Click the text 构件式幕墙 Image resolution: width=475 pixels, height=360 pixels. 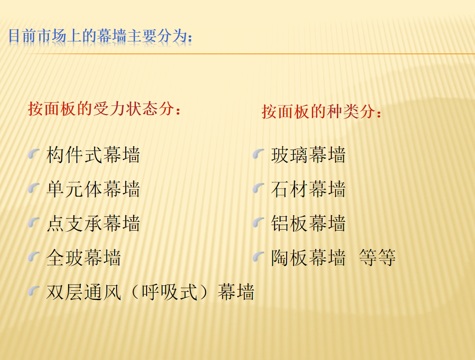(x=93, y=155)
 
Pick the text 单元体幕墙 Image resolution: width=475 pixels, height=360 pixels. (x=93, y=189)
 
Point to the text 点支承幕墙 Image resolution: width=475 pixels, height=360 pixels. (x=93, y=223)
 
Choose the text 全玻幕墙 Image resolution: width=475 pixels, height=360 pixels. (x=83, y=258)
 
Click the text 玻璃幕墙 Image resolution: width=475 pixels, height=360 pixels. (x=308, y=155)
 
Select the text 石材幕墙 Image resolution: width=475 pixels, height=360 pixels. (x=308, y=189)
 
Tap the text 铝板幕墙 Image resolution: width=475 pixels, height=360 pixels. (x=308, y=223)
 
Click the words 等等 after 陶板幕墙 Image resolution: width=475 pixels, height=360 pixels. (x=377, y=258)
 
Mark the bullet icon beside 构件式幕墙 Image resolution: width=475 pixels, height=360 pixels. (x=34, y=154)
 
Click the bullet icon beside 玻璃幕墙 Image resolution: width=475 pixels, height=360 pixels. (x=258, y=154)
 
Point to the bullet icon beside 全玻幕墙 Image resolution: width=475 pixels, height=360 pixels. (x=34, y=257)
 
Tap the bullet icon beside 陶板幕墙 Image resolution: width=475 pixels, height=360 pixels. (x=258, y=257)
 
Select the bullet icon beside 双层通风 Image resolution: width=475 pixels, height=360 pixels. (x=34, y=291)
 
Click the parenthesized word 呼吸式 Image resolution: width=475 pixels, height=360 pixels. (x=170, y=292)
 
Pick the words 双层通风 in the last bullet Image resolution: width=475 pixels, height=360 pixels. (x=83, y=292)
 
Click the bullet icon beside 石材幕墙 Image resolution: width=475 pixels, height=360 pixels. (x=258, y=188)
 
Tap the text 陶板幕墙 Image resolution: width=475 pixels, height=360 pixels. (x=308, y=258)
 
